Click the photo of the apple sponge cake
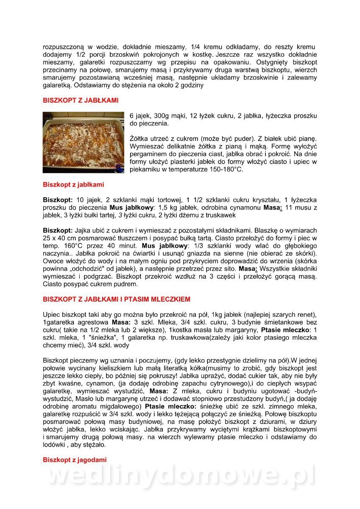(x=84, y=143)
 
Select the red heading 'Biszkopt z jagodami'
(x=75, y=459)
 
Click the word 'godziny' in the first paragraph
(x=192, y=85)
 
